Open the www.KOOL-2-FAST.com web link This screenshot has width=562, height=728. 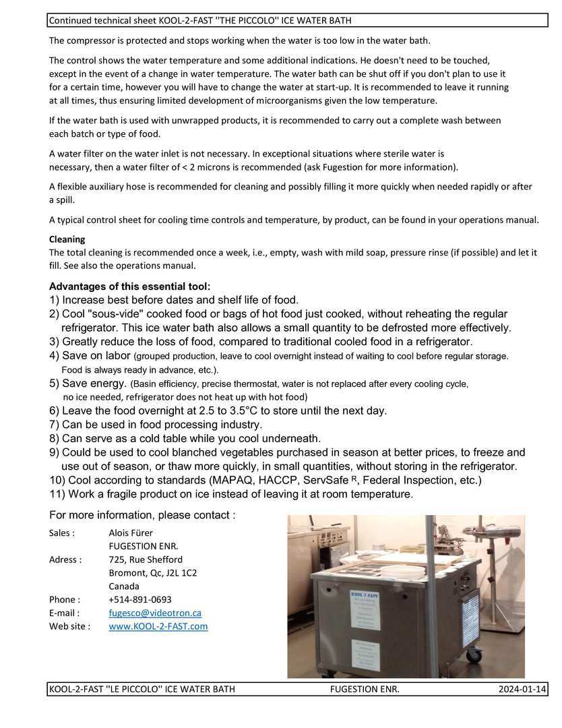(x=158, y=626)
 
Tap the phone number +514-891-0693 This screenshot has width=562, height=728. (x=140, y=599)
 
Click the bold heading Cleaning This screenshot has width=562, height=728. (x=67, y=239)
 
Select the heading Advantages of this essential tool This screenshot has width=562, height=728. (x=129, y=286)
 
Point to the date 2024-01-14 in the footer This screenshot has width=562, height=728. (x=522, y=689)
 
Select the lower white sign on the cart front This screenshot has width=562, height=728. (x=367, y=655)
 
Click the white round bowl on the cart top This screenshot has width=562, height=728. (x=402, y=572)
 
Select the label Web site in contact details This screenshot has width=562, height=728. (x=69, y=626)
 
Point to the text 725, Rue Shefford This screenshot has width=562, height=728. (x=145, y=559)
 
